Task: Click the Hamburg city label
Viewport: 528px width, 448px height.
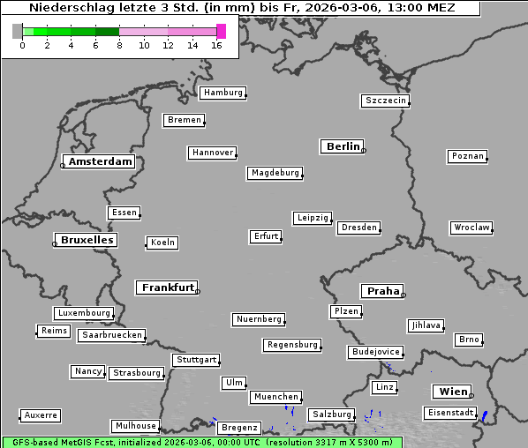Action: (x=223, y=93)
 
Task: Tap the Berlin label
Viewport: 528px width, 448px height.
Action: (x=343, y=146)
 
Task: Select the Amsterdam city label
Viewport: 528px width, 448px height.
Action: (x=100, y=162)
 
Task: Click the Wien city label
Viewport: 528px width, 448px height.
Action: (x=452, y=392)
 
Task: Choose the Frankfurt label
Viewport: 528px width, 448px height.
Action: (x=168, y=287)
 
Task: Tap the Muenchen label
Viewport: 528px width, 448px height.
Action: (x=275, y=398)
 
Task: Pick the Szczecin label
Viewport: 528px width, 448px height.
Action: (x=386, y=101)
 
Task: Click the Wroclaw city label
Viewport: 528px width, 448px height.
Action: (x=471, y=228)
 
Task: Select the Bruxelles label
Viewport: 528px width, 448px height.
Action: (x=87, y=240)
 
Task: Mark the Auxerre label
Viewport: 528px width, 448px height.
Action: (x=41, y=414)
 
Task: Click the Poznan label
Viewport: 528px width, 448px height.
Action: (x=467, y=156)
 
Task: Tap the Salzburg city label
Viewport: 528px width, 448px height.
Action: (x=331, y=414)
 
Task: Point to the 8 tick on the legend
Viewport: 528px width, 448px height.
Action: (x=119, y=45)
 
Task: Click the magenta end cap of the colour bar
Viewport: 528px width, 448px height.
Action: (x=221, y=31)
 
